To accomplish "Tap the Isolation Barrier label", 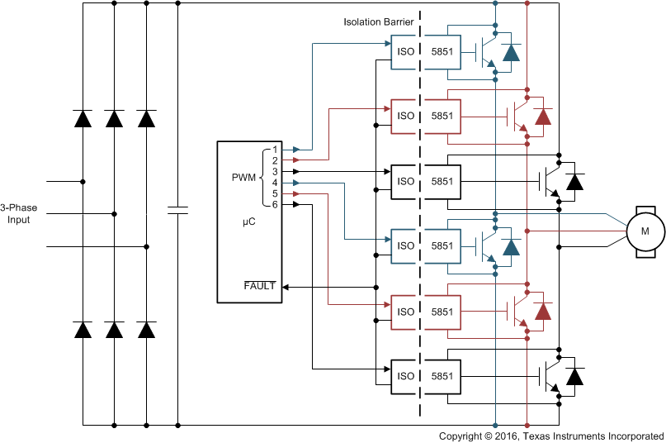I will (x=379, y=21).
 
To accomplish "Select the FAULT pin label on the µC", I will (x=259, y=286).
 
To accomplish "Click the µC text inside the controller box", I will (x=248, y=222).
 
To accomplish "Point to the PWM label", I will (x=244, y=176).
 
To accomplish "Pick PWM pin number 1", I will (x=275, y=150).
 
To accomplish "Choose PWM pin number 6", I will (x=275, y=204).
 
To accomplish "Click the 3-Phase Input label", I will (x=15, y=214).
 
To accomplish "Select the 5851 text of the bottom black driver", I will (x=442, y=376).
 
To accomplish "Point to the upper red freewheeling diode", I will (x=542, y=117).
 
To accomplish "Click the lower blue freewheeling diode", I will (x=511, y=247).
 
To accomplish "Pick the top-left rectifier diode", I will (x=83, y=118).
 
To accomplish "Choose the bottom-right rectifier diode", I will (x=146, y=330).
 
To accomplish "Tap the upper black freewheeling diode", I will (x=575, y=181).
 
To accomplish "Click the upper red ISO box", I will (x=406, y=116).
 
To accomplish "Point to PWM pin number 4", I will (x=275, y=182).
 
